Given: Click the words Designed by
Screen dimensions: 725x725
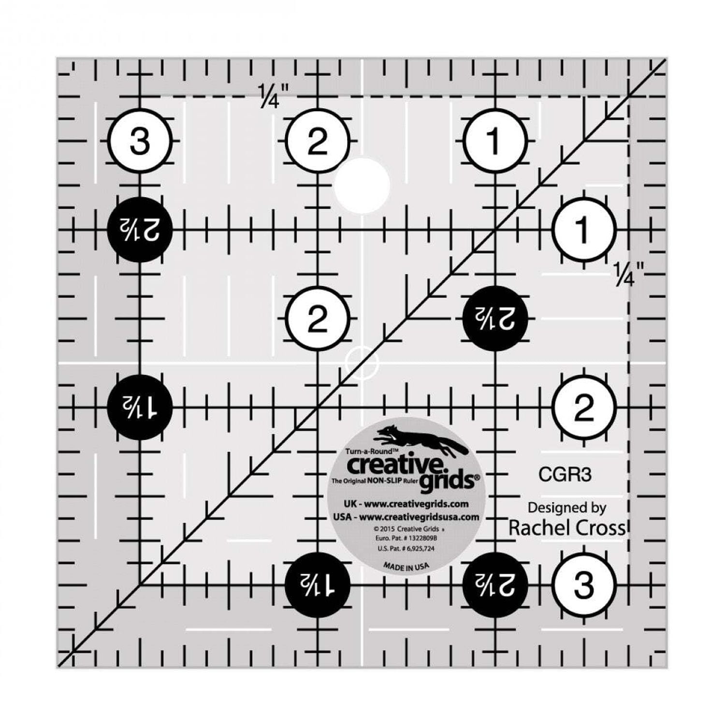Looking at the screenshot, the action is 566,507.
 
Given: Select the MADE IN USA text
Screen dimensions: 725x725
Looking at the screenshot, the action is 406,566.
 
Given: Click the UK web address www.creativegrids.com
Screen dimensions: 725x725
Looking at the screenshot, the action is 416,504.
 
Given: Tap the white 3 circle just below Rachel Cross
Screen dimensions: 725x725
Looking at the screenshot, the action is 584,585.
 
